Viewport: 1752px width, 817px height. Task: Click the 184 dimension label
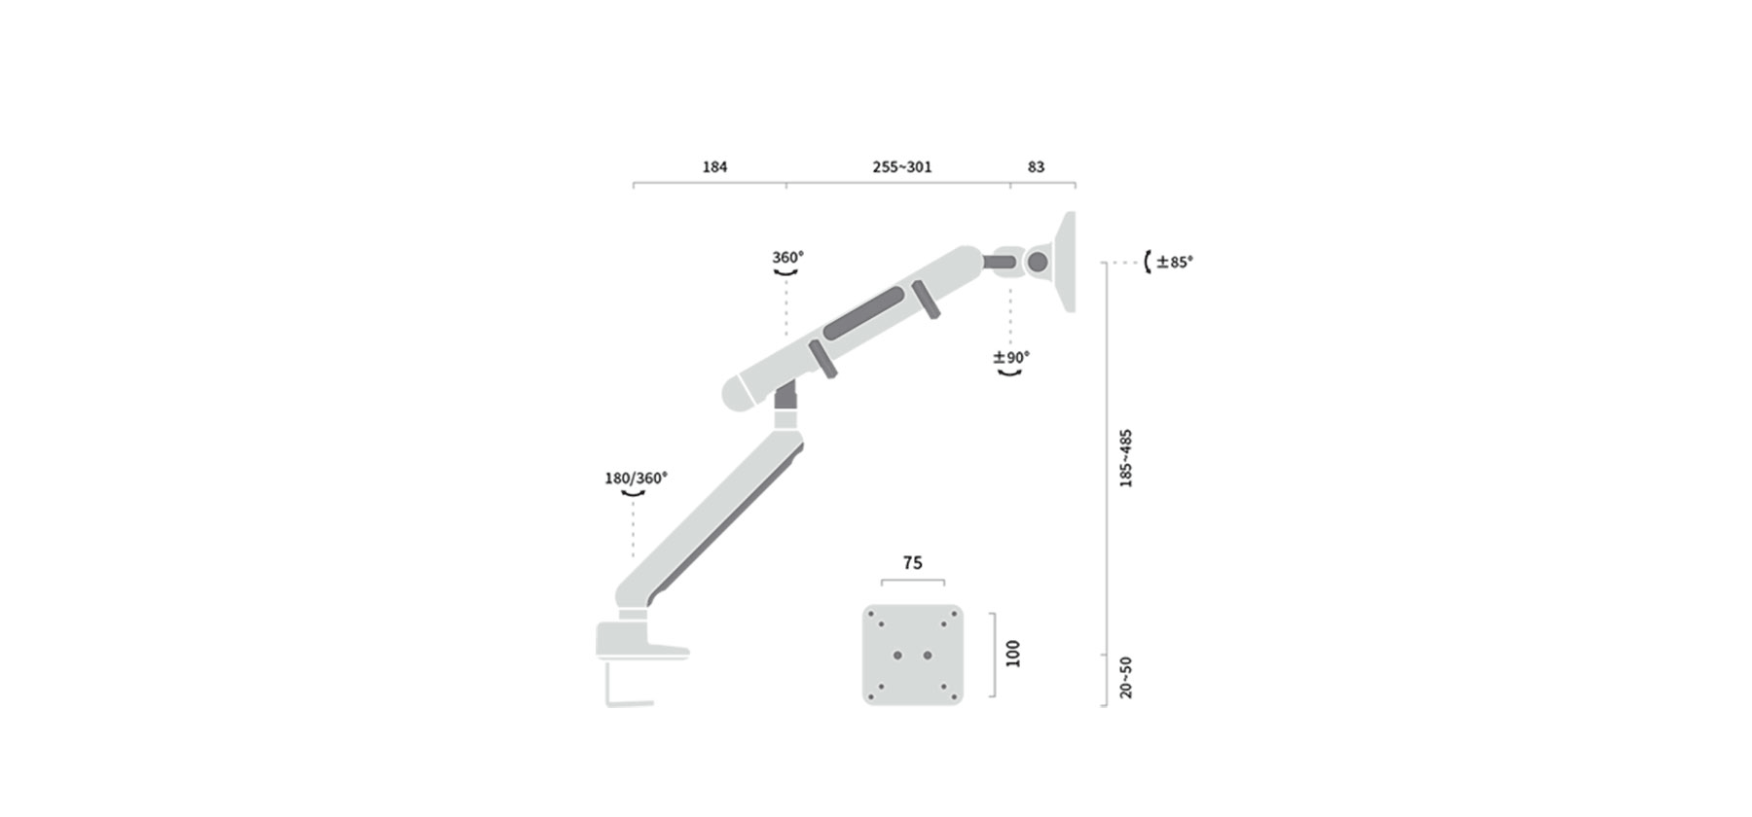pos(714,167)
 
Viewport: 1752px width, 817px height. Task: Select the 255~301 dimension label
pos(902,167)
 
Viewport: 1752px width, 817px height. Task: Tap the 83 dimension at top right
pos(1036,167)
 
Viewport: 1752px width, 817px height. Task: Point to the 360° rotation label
pos(787,258)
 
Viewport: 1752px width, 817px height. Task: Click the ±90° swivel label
pos(1011,358)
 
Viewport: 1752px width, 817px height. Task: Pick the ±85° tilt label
pos(1175,262)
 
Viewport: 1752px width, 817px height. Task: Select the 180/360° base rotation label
pos(636,479)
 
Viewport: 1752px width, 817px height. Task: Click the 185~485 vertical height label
pos(1126,458)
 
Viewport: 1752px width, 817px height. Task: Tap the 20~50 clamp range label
pos(1126,677)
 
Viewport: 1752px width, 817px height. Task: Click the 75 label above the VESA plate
pos(912,563)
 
